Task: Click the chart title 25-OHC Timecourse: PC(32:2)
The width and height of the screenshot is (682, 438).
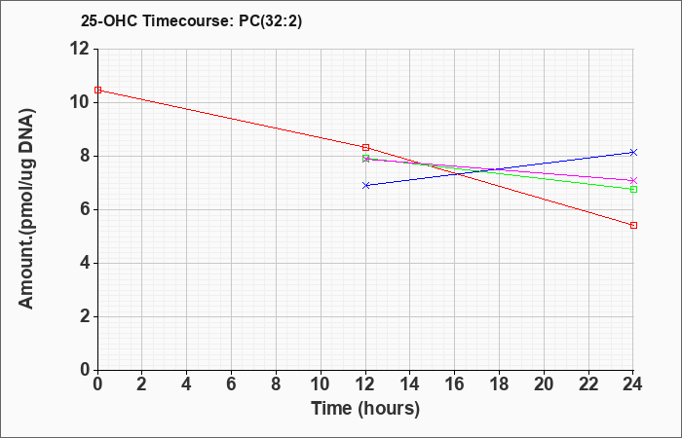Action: pyautogui.click(x=191, y=20)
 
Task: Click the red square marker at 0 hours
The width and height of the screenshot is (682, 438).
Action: pyautogui.click(x=97, y=90)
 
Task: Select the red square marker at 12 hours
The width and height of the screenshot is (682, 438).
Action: pyautogui.click(x=365, y=147)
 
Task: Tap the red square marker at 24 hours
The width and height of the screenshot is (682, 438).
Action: pyautogui.click(x=633, y=225)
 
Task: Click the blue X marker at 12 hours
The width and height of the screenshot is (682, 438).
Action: pyautogui.click(x=365, y=185)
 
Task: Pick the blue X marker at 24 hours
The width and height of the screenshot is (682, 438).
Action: pyautogui.click(x=633, y=152)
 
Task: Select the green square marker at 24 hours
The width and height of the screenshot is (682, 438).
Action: pyautogui.click(x=633, y=189)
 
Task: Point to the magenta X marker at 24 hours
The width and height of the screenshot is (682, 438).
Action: pyautogui.click(x=633, y=180)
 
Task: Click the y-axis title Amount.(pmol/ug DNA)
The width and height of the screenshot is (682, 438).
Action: pyautogui.click(x=26, y=209)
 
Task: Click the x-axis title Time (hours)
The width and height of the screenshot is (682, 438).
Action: pyautogui.click(x=365, y=409)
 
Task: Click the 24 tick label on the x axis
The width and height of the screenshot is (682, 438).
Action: pyautogui.click(x=632, y=384)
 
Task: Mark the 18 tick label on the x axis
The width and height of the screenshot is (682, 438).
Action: pyautogui.click(x=499, y=384)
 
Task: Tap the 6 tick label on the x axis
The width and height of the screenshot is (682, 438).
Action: pyautogui.click(x=232, y=384)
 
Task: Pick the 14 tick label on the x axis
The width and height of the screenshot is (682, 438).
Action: pyautogui.click(x=410, y=384)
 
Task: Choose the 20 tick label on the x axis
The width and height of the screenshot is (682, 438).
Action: pyautogui.click(x=544, y=384)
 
